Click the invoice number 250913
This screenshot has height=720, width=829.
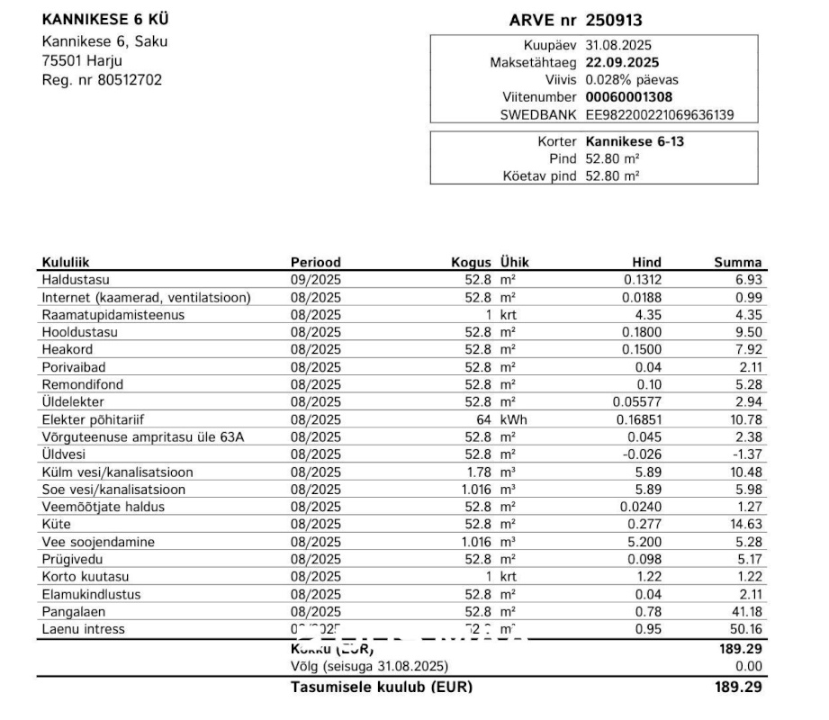click(x=614, y=20)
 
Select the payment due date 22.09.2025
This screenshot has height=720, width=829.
click(x=622, y=62)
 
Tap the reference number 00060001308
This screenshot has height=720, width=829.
click(x=628, y=97)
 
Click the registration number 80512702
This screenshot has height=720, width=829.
click(x=130, y=80)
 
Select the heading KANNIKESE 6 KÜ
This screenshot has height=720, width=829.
click(x=104, y=20)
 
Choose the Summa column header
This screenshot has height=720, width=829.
click(x=738, y=263)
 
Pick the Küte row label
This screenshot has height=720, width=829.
click(x=56, y=524)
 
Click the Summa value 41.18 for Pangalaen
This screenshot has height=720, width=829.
click(x=746, y=612)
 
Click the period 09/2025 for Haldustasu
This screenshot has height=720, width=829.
click(x=316, y=280)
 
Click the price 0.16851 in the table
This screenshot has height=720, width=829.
click(x=639, y=419)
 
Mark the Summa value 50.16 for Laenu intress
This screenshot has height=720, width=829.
click(x=746, y=629)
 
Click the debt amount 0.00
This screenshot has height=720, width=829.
click(x=749, y=666)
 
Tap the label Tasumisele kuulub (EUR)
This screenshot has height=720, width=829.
click(x=381, y=687)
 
